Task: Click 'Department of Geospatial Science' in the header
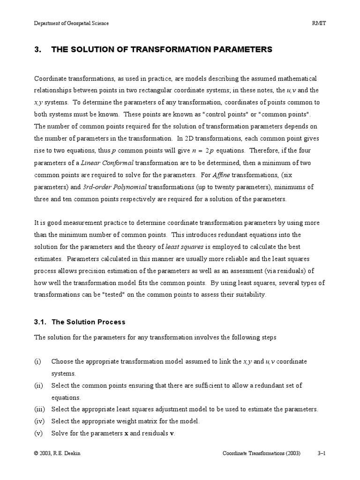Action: pyautogui.click(x=71, y=23)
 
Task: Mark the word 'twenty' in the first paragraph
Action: pyautogui.click(x=225, y=187)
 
